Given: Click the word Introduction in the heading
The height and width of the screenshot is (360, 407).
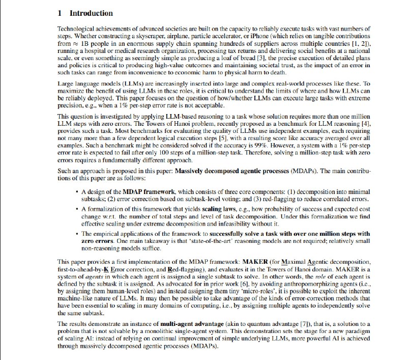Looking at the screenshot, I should point(91,13).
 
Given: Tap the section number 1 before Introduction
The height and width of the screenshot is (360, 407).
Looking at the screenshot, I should point(60,13).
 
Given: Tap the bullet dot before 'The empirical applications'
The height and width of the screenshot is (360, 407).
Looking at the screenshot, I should point(76,234).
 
